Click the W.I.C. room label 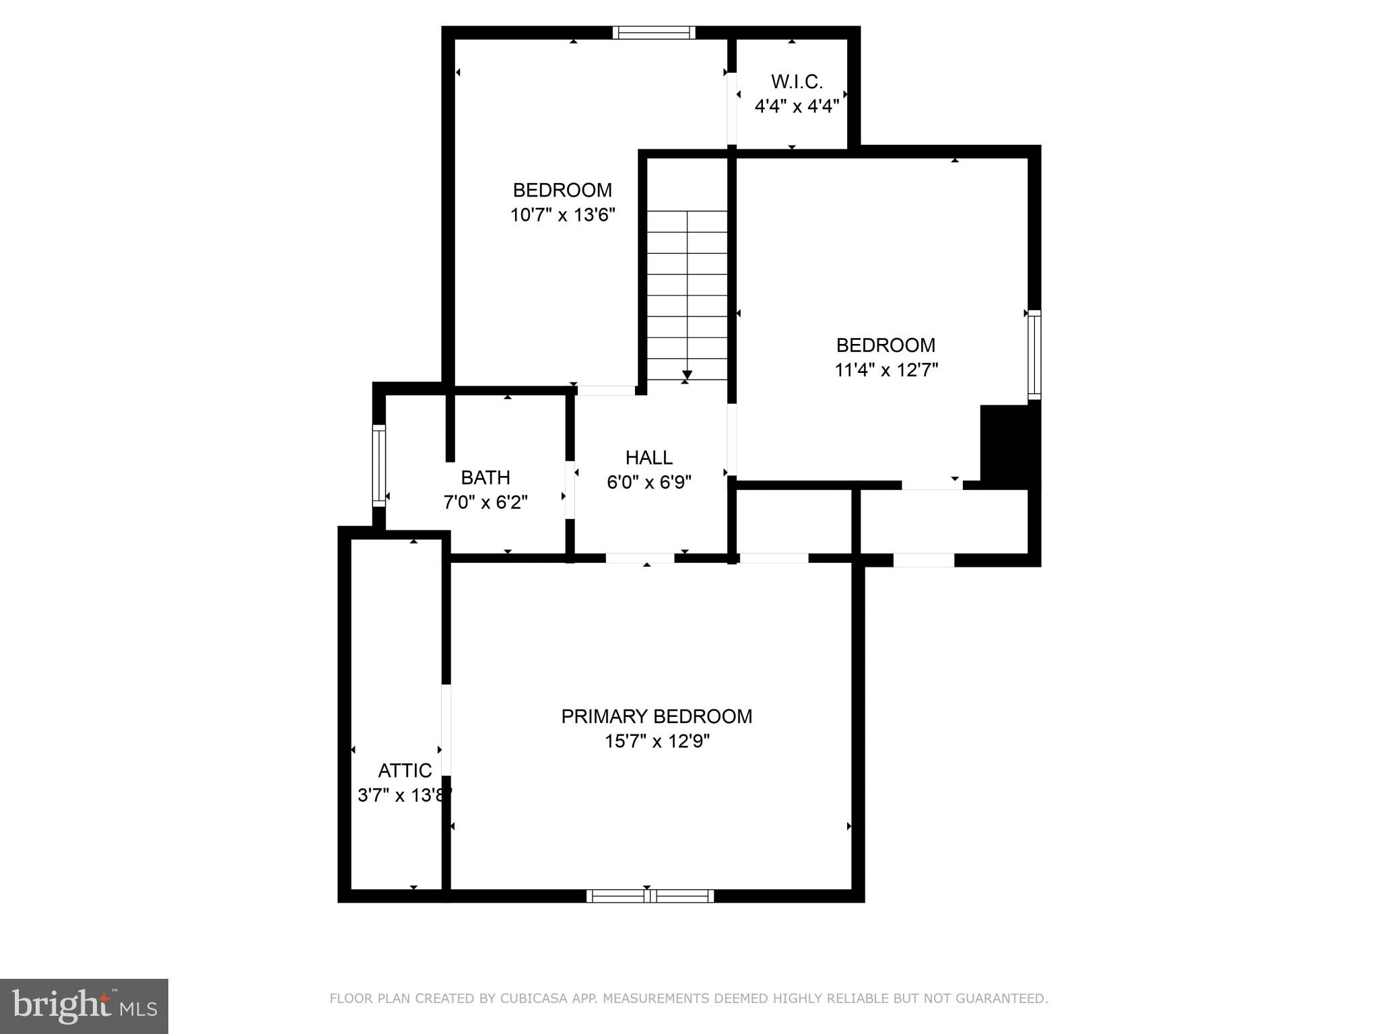(x=797, y=81)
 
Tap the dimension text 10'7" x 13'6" (x=563, y=215)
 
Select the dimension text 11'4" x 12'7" (x=886, y=370)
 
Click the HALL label (x=648, y=458)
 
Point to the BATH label (x=485, y=477)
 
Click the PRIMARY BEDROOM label (x=657, y=716)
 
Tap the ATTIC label (x=405, y=770)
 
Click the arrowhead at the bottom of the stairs (x=687, y=375)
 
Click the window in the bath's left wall (x=379, y=465)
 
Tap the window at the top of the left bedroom (x=653, y=33)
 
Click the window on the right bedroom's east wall (x=1034, y=355)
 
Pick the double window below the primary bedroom (x=650, y=895)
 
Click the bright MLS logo (x=84, y=1006)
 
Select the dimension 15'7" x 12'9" (x=657, y=741)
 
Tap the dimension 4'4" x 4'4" (x=797, y=106)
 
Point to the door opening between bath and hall (x=570, y=489)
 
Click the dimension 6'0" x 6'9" (x=648, y=483)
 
